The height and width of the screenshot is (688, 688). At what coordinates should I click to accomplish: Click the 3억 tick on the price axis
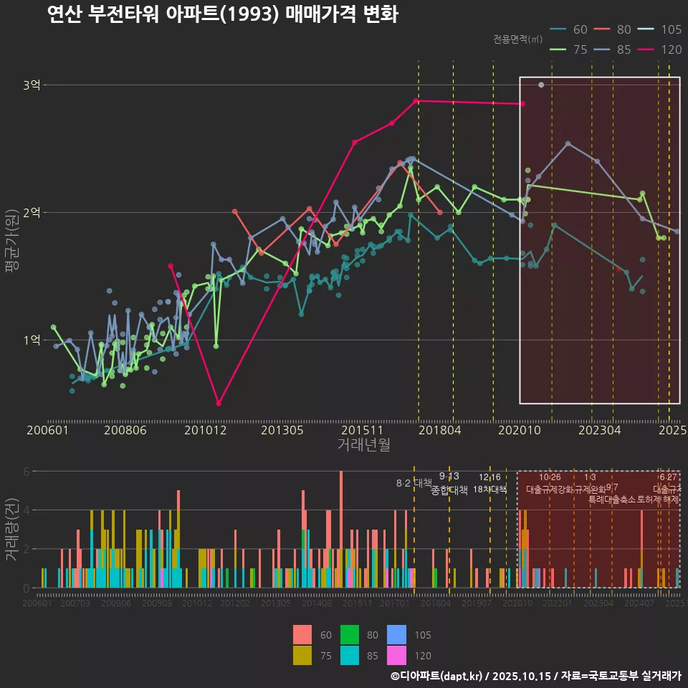(x=32, y=85)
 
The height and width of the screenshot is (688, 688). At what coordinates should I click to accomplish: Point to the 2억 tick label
(x=32, y=213)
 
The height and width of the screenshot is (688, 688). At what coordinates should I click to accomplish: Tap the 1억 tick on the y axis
(x=32, y=340)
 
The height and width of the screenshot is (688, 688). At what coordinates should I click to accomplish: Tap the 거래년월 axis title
(x=363, y=445)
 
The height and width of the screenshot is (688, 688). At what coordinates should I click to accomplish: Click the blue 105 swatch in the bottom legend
(x=396, y=635)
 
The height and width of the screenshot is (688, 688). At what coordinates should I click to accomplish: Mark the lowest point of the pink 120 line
(x=219, y=403)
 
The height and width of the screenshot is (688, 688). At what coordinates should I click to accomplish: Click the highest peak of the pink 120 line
(x=417, y=100)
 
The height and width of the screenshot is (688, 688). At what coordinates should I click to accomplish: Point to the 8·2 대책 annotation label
(x=414, y=483)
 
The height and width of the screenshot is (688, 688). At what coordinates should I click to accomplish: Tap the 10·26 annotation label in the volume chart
(x=550, y=477)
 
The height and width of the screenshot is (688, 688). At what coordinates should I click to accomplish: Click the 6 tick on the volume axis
(x=26, y=472)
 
